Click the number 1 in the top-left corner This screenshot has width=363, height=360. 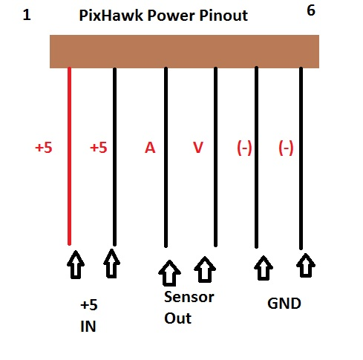point(27,15)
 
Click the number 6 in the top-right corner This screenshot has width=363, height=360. point(311,10)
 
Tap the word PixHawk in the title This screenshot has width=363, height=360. point(111,16)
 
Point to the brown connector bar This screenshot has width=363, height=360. point(184,51)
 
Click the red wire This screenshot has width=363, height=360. point(70,156)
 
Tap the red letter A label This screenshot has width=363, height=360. point(150,148)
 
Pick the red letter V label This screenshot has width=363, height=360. point(198,148)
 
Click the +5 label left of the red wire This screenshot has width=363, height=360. point(44,148)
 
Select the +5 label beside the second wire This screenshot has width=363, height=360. point(99,148)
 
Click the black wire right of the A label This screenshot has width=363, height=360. point(166,157)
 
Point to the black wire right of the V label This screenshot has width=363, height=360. point(215,157)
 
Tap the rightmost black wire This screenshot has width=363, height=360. point(301,158)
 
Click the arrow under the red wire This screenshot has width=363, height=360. point(76,265)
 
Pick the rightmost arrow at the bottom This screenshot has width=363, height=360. point(306,265)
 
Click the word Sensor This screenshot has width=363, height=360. point(189,297)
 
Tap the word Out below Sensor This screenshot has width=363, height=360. point(177,318)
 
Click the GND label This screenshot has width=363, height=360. point(284,304)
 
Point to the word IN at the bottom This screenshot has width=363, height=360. point(88,327)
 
